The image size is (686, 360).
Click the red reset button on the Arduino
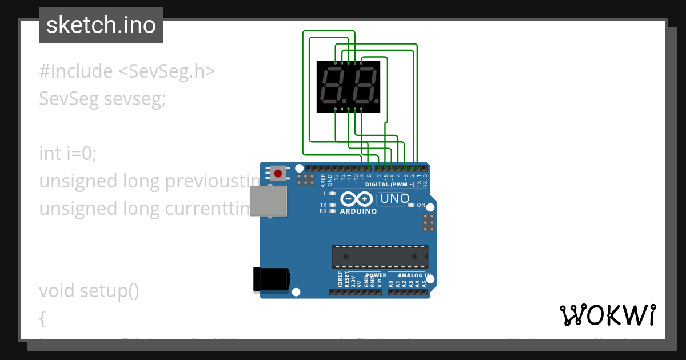[278, 173]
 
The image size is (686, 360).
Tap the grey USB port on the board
[269, 201]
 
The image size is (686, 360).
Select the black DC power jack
[271, 279]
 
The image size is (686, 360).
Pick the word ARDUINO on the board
[358, 211]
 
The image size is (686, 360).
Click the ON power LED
[412, 205]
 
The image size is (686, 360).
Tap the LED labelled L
[332, 194]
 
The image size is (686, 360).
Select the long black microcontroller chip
[380, 257]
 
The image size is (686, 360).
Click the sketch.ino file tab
[101, 25]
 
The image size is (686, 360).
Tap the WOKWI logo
[607, 315]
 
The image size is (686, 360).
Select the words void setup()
[89, 291]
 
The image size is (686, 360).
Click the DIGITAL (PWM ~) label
[389, 185]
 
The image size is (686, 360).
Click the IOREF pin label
[340, 280]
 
